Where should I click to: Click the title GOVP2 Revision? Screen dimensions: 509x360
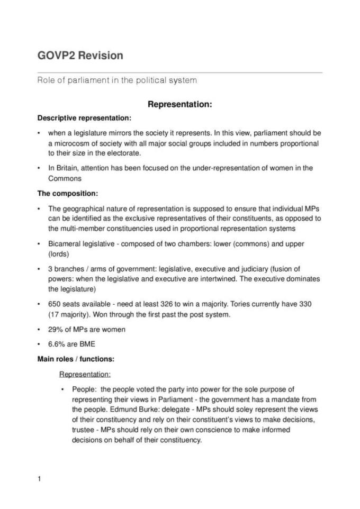[80, 56]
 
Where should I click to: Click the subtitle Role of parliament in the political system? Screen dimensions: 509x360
[117, 80]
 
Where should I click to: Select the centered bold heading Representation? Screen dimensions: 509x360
[180, 104]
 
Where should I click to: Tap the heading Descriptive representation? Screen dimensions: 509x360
[84, 117]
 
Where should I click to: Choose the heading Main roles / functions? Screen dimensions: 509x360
[76, 359]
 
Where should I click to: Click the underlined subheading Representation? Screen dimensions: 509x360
[85, 374]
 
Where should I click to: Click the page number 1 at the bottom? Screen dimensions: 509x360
[39, 479]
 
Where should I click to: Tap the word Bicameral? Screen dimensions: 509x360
[65, 244]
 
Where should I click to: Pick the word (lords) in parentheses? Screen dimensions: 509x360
[58, 254]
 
